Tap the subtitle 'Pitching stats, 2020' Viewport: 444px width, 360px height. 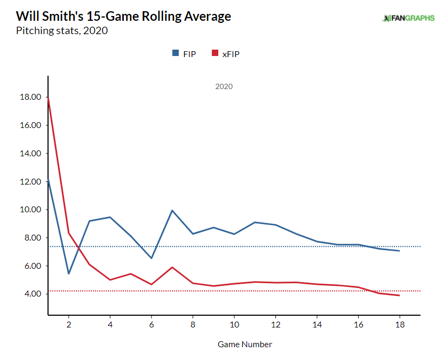[62, 30]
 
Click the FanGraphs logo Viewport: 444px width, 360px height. [408, 18]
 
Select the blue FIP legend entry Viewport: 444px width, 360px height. [184, 53]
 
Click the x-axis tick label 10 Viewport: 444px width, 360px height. [234, 324]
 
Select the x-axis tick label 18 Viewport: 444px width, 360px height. [399, 324]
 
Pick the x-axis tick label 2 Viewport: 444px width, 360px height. [69, 324]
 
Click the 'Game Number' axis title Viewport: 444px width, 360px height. [244, 345]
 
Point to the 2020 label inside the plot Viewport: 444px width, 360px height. [224, 86]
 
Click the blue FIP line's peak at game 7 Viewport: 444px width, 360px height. [172, 210]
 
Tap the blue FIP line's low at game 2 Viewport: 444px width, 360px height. [69, 274]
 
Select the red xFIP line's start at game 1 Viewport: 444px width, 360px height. [49, 98]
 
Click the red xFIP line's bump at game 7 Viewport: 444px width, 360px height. [172, 267]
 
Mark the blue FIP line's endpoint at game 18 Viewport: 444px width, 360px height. [399, 251]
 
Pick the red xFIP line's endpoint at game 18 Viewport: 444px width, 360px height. [399, 295]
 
